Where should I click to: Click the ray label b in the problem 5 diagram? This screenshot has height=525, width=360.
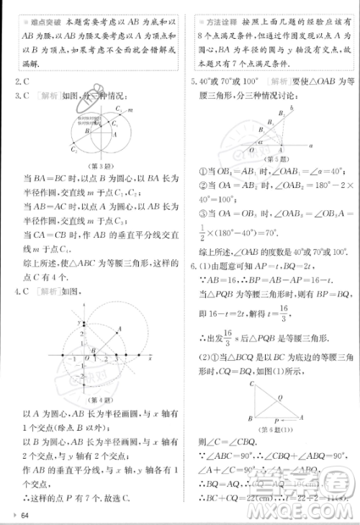tap(290, 107)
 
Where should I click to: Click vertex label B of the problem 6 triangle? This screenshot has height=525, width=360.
tap(248, 418)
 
